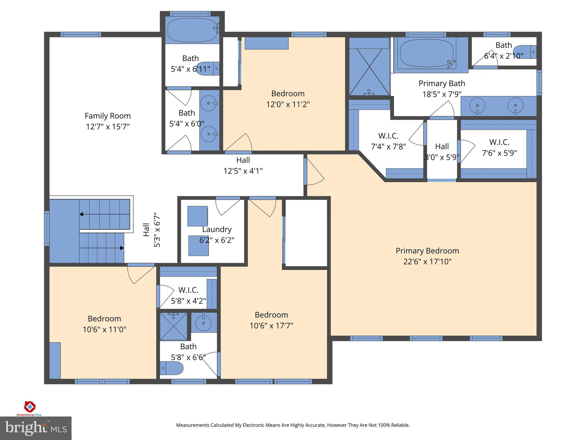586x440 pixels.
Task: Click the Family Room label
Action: click(108, 116)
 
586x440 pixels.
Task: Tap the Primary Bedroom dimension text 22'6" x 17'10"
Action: click(427, 262)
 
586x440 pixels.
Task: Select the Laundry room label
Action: click(217, 229)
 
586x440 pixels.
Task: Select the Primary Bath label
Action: click(442, 84)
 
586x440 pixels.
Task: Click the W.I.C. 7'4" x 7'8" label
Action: click(388, 136)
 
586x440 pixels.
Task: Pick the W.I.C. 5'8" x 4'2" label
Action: click(188, 290)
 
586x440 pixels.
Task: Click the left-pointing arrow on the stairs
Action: click(82, 214)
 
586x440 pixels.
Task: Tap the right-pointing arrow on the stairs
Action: click(122, 248)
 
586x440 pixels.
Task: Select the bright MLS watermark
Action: click(35, 428)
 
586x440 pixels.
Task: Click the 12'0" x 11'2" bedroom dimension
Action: click(288, 104)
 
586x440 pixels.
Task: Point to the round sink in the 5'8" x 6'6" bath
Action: click(203, 323)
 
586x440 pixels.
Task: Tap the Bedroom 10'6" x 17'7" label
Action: click(271, 315)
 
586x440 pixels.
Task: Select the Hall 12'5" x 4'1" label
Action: click(243, 160)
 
